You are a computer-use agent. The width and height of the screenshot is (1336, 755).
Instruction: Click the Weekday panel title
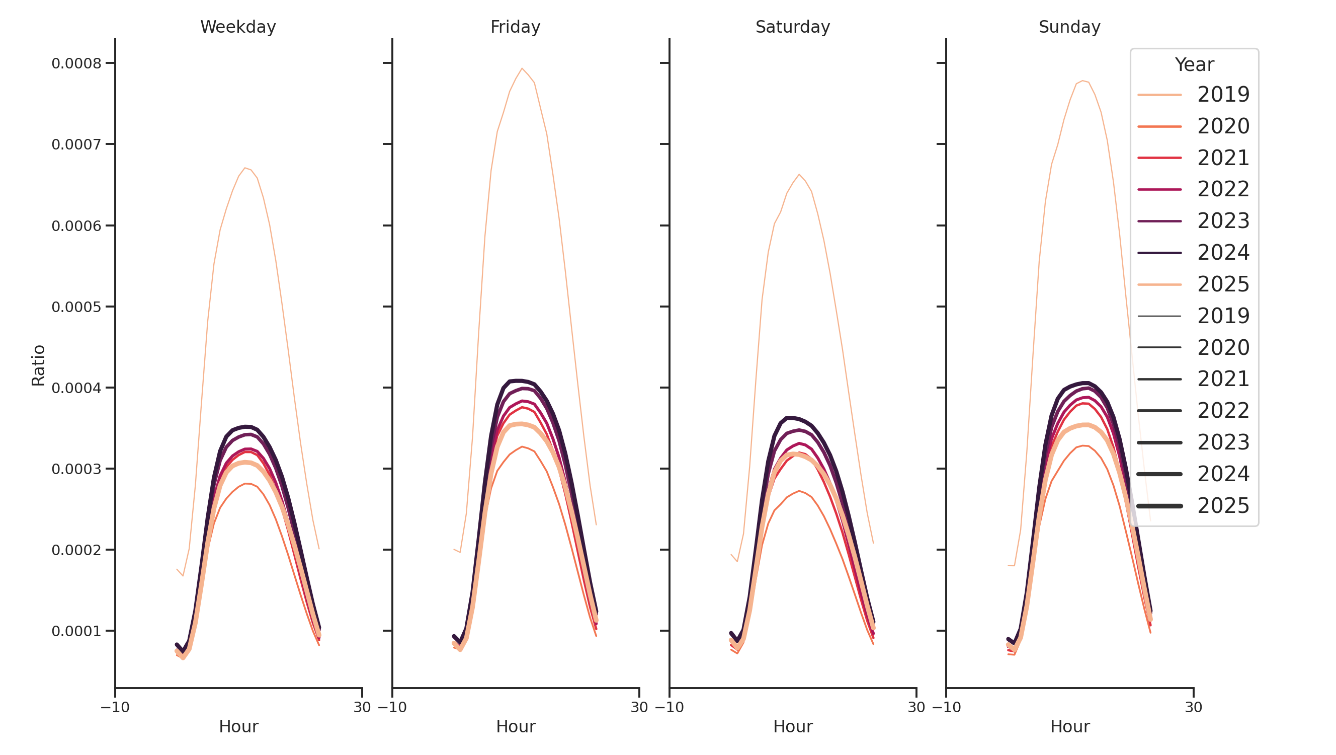pos(238,27)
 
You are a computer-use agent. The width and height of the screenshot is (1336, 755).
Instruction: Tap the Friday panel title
pos(515,27)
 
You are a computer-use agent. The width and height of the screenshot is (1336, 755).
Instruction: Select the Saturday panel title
pos(792,27)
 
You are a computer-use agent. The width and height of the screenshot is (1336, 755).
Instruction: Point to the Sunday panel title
pos(1069,27)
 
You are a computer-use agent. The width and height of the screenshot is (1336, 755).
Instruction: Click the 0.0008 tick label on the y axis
pos(76,63)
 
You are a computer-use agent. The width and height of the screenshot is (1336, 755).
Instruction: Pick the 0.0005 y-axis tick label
pos(76,307)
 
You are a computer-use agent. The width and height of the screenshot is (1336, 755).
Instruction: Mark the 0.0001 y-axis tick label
pos(76,631)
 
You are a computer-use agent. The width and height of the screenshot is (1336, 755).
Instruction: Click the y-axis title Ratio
pos(38,365)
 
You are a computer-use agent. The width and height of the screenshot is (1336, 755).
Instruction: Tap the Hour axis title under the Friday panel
pos(516,726)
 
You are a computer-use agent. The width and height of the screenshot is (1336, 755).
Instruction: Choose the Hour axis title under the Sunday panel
pos(1070,726)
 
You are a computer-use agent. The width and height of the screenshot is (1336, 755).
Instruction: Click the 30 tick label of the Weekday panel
pos(362,707)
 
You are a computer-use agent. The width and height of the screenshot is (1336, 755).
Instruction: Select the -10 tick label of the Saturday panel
pos(669,707)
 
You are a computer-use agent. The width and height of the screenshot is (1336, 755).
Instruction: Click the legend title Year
pos(1194,64)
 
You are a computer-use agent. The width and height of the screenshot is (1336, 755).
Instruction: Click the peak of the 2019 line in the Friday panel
pos(522,68)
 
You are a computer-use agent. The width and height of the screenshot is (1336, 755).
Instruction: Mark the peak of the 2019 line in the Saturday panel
pos(799,174)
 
